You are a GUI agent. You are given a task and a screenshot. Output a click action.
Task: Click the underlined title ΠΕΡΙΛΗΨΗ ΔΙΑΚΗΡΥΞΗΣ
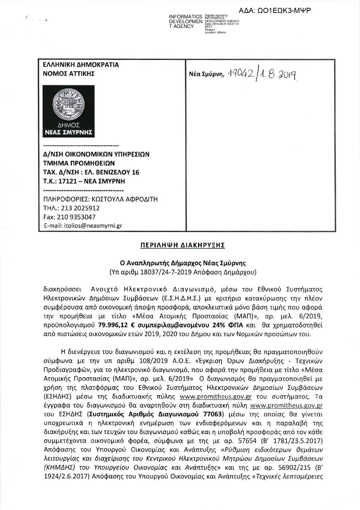(x=180, y=245)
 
